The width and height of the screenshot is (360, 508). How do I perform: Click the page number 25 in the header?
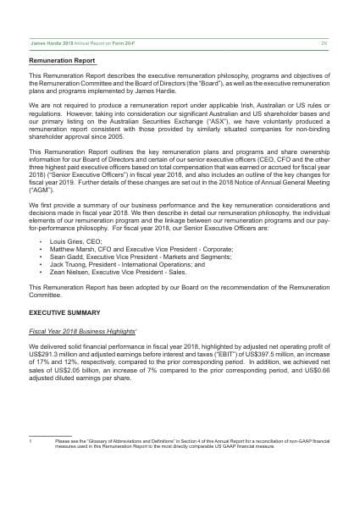324,42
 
